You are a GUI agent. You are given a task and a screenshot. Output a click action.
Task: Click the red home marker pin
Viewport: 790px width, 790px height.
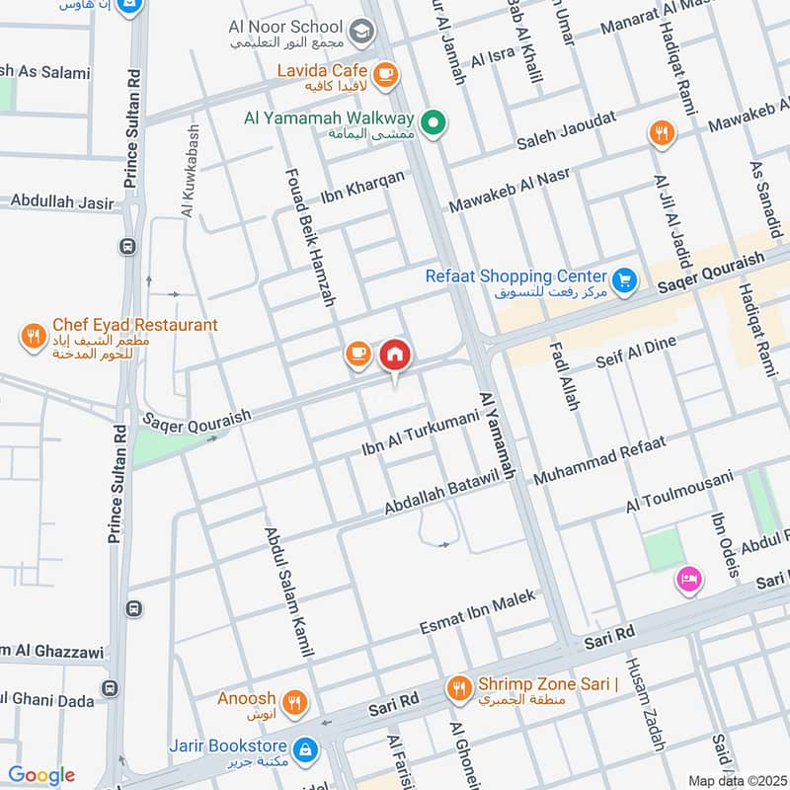point(395,355)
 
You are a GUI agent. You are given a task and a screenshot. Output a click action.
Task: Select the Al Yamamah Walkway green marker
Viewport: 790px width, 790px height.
point(432,124)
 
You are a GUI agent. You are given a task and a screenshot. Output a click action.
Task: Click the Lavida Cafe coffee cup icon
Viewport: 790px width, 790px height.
point(385,72)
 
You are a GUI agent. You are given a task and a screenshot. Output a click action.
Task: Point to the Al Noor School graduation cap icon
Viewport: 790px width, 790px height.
point(362,33)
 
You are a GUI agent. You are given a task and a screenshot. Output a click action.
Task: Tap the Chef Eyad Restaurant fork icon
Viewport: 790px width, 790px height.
point(34,338)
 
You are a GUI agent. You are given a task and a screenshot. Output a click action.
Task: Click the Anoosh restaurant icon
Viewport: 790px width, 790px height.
point(293,703)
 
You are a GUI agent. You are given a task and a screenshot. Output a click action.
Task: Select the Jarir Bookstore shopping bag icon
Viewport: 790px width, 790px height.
point(306,748)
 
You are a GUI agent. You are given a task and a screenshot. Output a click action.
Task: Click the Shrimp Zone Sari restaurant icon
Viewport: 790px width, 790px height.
point(458,689)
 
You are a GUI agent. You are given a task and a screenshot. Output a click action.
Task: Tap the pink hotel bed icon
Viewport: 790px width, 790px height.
point(687,580)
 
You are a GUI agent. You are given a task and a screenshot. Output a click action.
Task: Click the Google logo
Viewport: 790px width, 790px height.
point(41,776)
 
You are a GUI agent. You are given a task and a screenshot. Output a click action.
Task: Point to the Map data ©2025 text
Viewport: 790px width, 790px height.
point(736,780)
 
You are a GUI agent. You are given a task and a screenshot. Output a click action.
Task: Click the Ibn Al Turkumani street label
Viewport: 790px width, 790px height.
point(420,434)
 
